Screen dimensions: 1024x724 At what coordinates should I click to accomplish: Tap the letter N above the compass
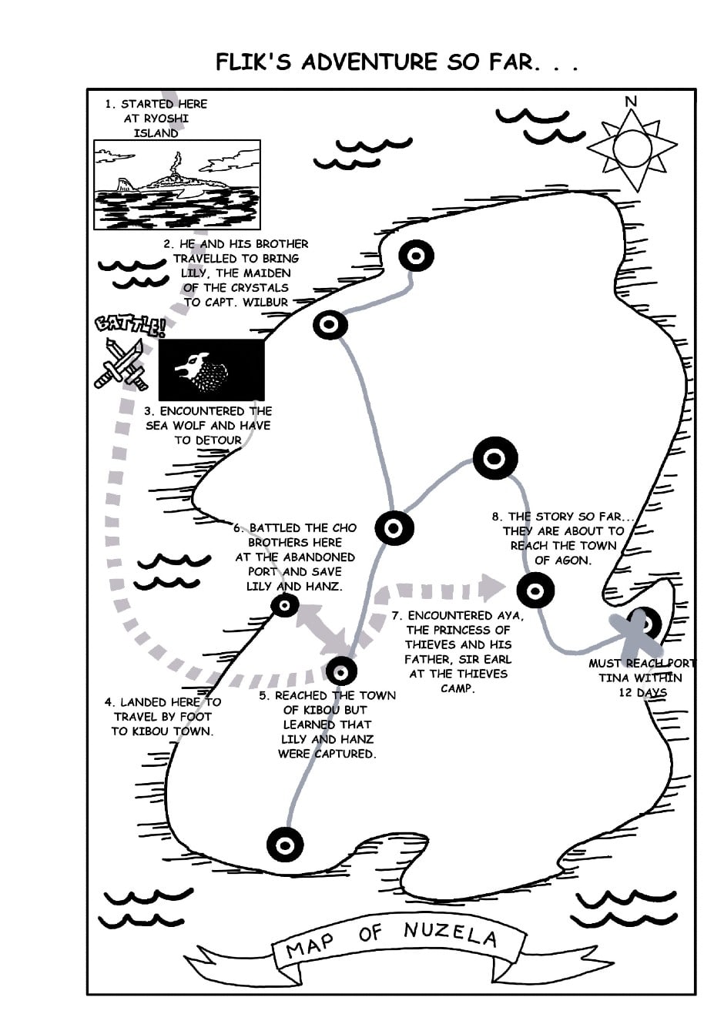pyautogui.click(x=632, y=102)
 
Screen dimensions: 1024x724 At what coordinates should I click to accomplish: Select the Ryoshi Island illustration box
pyautogui.click(x=177, y=185)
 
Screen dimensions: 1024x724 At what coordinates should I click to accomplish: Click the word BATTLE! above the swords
pyautogui.click(x=129, y=324)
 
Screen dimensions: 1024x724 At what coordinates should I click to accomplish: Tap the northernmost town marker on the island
pyautogui.click(x=416, y=255)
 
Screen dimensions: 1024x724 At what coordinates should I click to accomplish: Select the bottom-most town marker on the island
pyautogui.click(x=285, y=845)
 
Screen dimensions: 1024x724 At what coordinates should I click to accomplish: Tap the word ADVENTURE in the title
pyautogui.click(x=369, y=62)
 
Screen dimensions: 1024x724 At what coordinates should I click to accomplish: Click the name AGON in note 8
pyautogui.click(x=574, y=560)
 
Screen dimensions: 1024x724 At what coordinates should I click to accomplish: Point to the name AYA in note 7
pyautogui.click(x=509, y=615)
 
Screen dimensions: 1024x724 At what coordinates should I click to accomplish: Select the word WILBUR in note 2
pyautogui.click(x=265, y=302)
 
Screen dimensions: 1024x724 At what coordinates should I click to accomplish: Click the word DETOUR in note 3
pyautogui.click(x=219, y=440)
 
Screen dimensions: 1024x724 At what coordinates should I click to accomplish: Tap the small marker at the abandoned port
pyautogui.click(x=285, y=606)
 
